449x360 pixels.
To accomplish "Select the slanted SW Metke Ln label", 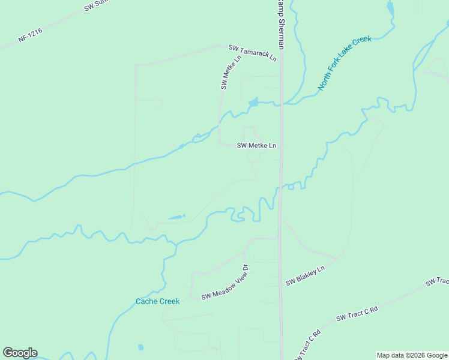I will point(231,71).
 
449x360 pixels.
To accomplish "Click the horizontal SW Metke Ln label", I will point(256,145).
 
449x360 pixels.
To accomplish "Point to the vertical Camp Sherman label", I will point(280,24).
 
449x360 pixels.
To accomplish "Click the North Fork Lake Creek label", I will point(345,63).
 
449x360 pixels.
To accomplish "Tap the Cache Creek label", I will point(157,301).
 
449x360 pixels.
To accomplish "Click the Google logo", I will point(20,353).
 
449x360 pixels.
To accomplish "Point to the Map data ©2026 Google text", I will point(412,355).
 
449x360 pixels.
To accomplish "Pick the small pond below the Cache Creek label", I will point(140,347).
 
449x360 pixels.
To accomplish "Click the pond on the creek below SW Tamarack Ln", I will point(253,103).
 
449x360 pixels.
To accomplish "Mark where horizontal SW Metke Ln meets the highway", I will point(281,145).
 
